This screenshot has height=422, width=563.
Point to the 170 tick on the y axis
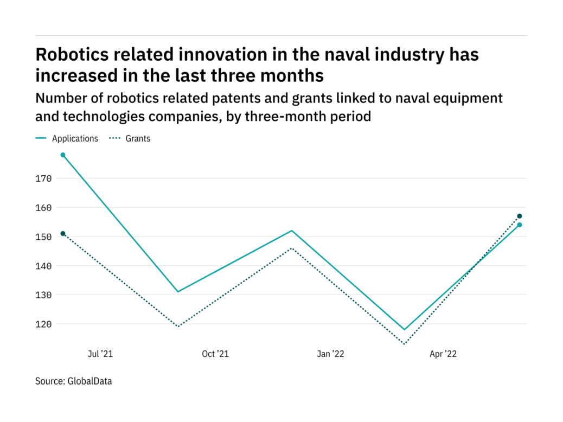pos(45,178)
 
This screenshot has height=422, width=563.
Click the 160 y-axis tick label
pos(45,208)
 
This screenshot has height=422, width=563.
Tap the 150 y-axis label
pos(45,237)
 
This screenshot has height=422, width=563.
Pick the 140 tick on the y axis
pos(45,266)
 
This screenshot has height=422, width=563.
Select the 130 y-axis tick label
pos(45,295)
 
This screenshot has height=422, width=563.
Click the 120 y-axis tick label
pos(45,324)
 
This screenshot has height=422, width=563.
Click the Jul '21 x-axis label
pos(100,354)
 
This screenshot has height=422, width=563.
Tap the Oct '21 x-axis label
pos(215,354)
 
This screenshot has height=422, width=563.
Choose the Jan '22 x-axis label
pos(331,354)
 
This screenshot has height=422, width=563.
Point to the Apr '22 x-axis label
pos(444,354)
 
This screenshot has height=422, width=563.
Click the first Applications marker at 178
pos(63,155)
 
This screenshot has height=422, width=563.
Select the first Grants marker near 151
pos(63,234)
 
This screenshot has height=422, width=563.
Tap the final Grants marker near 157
pos(520,216)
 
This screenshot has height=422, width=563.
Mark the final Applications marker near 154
pos(520,225)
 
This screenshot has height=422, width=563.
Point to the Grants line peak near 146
pos(292,248)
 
